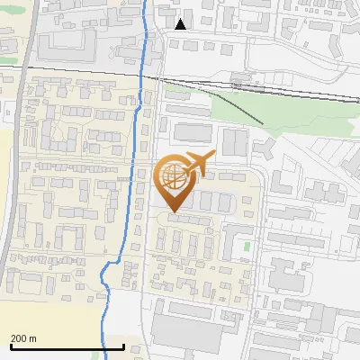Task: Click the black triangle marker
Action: pos(181,23)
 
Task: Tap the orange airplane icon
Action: pos(197,163)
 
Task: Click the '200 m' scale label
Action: pos(23,338)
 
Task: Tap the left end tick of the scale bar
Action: pos(11,346)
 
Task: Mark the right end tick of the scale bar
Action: pos(123,346)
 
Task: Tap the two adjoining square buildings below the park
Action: pos(234,141)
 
